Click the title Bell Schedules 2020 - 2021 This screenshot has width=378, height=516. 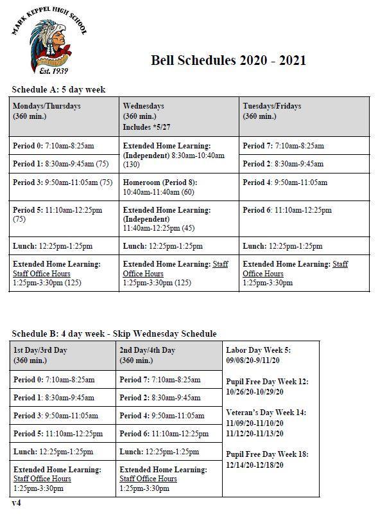(228, 60)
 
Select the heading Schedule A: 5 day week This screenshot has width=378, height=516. (58, 89)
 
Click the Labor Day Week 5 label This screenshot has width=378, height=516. (258, 350)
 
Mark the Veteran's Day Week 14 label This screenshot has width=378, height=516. (266, 412)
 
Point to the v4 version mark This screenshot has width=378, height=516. (16, 502)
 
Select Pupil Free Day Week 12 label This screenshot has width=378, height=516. (267, 381)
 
